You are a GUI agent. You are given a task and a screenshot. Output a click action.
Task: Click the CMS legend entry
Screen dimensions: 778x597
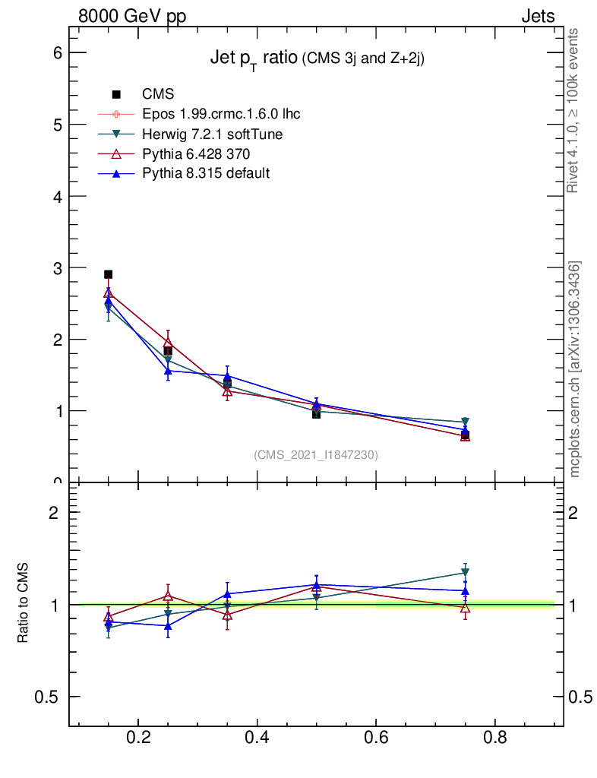pyautogui.click(x=158, y=94)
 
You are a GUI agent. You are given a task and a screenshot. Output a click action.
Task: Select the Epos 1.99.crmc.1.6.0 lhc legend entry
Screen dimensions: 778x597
pyautogui.click(x=221, y=114)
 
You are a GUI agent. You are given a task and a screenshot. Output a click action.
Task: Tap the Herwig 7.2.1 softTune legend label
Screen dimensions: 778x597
pyautogui.click(x=213, y=134)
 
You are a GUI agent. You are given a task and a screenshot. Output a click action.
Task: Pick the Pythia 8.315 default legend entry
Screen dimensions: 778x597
pyautogui.click(x=206, y=173)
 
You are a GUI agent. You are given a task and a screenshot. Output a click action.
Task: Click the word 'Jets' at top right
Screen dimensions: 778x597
pyautogui.click(x=537, y=16)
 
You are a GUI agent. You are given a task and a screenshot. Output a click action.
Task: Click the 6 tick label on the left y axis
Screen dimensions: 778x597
pyautogui.click(x=56, y=52)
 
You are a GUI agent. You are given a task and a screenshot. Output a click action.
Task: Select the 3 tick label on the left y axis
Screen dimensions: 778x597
pyautogui.click(x=56, y=267)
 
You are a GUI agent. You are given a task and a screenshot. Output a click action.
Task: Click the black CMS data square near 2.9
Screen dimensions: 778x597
pyautogui.click(x=109, y=274)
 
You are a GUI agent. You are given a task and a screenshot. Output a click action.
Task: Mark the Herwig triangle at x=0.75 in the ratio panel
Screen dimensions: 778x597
pyautogui.click(x=465, y=573)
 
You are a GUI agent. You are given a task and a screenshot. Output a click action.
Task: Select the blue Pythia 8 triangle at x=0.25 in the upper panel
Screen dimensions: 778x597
pyautogui.click(x=168, y=371)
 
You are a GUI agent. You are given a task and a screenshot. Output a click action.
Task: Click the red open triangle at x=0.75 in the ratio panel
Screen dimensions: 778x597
pyautogui.click(x=465, y=608)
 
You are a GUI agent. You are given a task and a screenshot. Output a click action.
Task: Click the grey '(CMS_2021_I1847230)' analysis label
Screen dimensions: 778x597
pyautogui.click(x=316, y=454)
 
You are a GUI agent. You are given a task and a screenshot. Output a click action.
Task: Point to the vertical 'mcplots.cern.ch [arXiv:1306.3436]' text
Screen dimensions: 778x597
pyautogui.click(x=576, y=369)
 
